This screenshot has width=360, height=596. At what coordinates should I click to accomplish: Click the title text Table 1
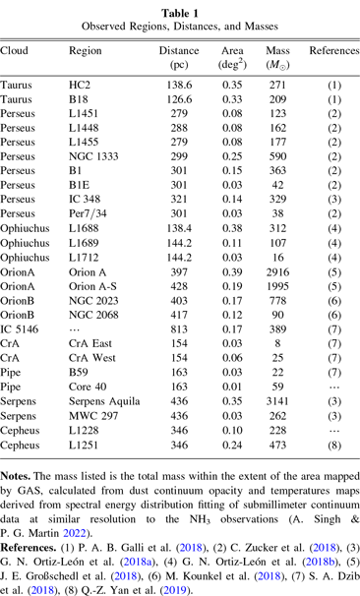coord(179,9)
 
